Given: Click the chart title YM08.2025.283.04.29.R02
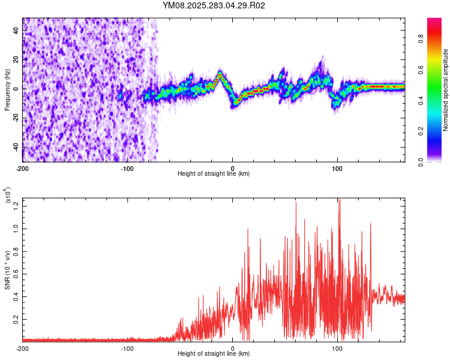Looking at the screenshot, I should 214,5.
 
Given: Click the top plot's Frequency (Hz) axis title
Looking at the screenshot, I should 7,90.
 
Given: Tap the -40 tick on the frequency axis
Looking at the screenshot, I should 16,147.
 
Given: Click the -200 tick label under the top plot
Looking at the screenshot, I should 23,168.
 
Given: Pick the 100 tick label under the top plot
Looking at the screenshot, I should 337,168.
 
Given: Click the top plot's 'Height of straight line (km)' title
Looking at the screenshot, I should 214,174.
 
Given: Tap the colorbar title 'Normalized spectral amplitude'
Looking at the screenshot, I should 446,90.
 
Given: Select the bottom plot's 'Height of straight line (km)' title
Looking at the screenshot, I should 214,354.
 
